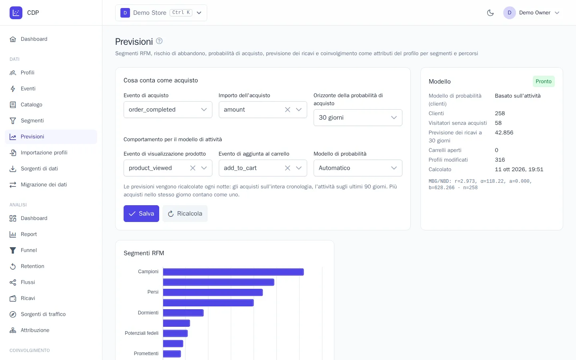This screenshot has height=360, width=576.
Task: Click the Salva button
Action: [141, 214]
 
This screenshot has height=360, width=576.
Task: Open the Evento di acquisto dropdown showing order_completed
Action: [168, 110]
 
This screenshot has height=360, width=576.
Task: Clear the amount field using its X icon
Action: [288, 110]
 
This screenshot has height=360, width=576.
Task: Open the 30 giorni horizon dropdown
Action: [358, 118]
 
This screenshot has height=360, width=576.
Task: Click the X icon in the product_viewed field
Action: [193, 168]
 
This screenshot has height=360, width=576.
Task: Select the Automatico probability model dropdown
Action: [358, 168]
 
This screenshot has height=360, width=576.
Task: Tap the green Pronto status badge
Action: [544, 82]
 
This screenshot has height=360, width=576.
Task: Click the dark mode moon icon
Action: [490, 13]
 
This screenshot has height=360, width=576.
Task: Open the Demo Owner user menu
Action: [532, 13]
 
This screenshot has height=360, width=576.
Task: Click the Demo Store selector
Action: [161, 13]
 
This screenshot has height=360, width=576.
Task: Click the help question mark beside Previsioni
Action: [159, 41]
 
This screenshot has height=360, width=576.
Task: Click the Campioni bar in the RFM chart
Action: [234, 272]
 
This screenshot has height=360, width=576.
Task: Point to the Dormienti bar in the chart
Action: [183, 313]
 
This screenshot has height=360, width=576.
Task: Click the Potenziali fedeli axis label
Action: [142, 333]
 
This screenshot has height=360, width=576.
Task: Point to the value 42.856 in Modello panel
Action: [504, 133]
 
